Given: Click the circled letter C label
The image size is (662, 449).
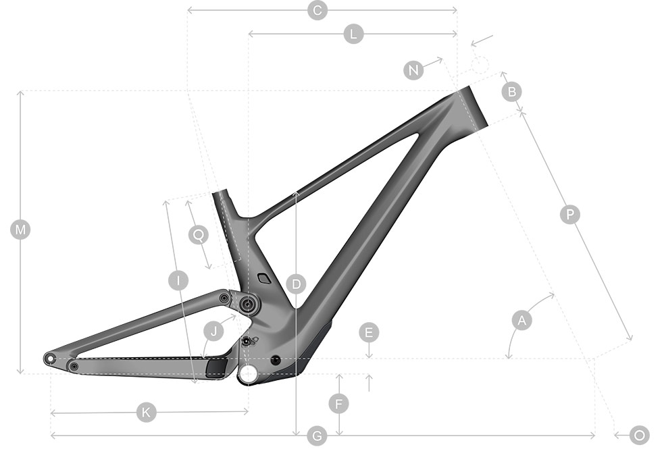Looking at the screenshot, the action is click(x=317, y=9).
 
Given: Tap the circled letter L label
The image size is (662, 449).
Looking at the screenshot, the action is click(x=354, y=34).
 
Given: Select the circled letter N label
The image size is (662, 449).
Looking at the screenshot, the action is click(x=413, y=70).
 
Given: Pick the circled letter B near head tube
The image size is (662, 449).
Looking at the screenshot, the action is click(x=512, y=92).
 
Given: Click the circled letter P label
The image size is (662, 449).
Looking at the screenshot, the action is click(x=569, y=215).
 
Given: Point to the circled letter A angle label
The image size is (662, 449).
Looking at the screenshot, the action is click(x=521, y=320).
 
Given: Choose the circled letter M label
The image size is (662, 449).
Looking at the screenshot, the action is click(x=20, y=230).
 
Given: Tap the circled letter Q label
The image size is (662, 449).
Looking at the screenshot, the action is click(x=199, y=235).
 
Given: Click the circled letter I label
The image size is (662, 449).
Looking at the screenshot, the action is click(x=178, y=281).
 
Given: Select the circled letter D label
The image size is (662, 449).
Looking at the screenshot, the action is click(x=296, y=284).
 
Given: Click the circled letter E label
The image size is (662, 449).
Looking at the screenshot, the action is click(x=369, y=332).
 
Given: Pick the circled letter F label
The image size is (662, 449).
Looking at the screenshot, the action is click(x=338, y=404).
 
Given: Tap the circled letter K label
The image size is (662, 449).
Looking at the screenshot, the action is click(x=146, y=413).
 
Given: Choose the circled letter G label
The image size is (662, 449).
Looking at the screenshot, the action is click(x=317, y=435).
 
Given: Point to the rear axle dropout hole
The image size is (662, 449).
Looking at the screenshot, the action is click(x=50, y=359).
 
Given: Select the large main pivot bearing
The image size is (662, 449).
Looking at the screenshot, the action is click(x=248, y=304).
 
